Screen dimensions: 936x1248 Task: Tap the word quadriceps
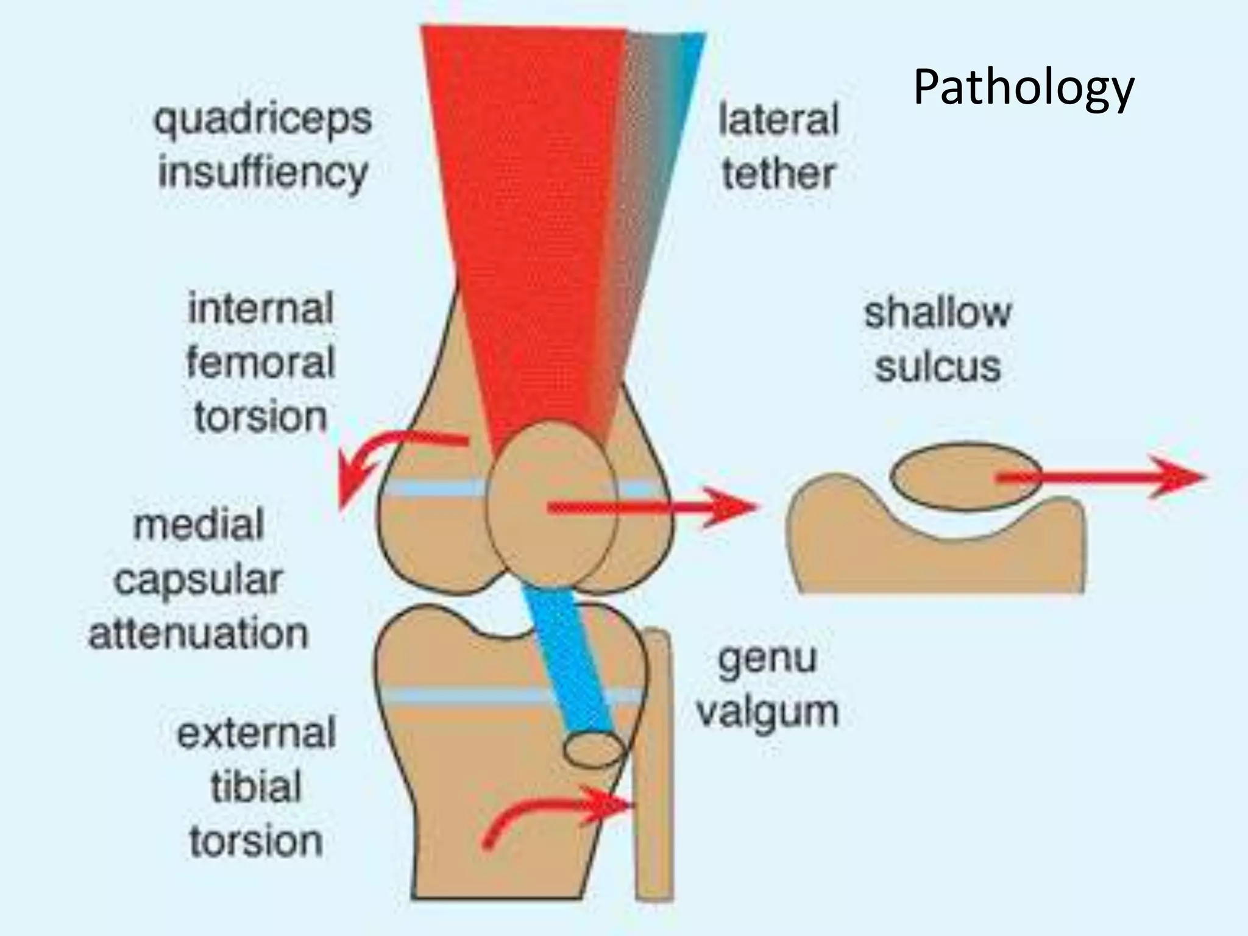pyautogui.click(x=263, y=119)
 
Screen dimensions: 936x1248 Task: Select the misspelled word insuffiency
pyautogui.click(x=263, y=172)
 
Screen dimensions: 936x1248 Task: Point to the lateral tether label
pyautogui.click(x=778, y=146)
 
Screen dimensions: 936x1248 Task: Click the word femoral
pyautogui.click(x=261, y=363)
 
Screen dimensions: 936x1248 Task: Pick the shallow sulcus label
pyautogui.click(x=938, y=339)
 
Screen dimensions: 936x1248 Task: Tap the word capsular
pyautogui.click(x=199, y=580)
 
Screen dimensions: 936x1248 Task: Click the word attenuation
pyautogui.click(x=199, y=634)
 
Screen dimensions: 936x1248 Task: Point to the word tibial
pyautogui.click(x=257, y=787)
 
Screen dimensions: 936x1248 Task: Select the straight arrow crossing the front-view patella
pyautogui.click(x=652, y=507)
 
